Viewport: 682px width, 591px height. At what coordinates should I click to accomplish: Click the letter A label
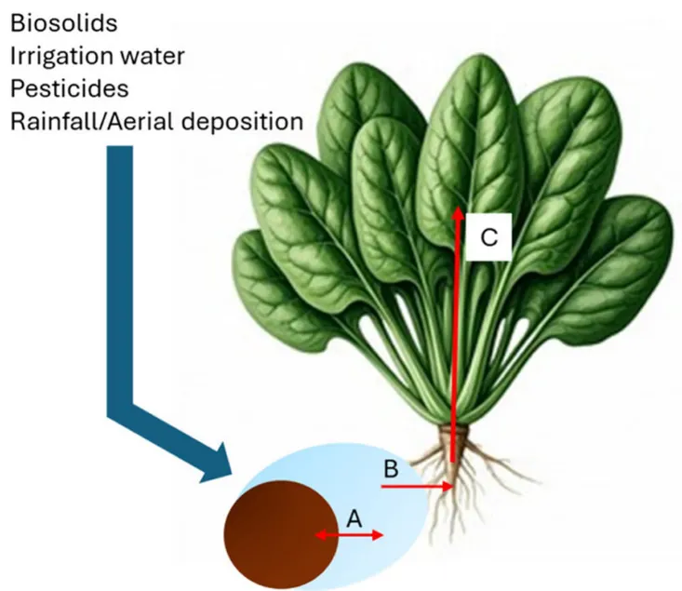pos(354,517)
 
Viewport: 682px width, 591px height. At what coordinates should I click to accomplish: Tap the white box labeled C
pos(489,238)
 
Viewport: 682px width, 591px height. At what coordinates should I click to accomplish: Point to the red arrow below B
pos(418,486)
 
